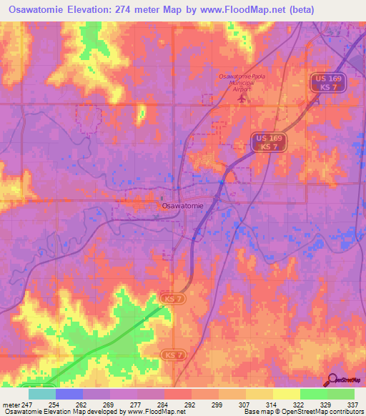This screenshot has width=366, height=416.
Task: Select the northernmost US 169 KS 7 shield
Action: pos(329,83)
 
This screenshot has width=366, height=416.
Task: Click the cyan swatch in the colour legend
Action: pos(41,394)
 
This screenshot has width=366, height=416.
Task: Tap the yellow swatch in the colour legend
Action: pos(286,394)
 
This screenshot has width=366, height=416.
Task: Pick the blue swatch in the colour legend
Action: pos(68,394)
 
